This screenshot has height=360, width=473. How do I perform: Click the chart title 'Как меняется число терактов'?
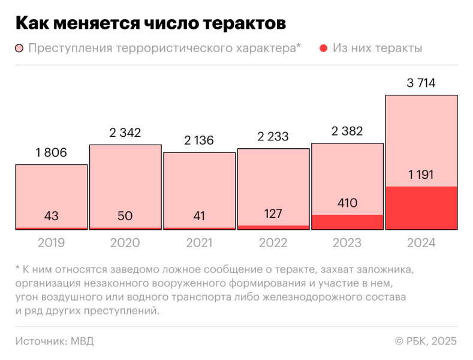(x=150, y=23)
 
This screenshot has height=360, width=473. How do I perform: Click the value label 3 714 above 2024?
(x=421, y=83)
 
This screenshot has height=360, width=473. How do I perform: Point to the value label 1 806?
(x=51, y=153)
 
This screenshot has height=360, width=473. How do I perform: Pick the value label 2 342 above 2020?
(x=125, y=133)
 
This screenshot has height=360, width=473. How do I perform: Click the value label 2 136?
(x=199, y=141)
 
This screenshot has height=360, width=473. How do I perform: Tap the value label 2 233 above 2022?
(x=273, y=137)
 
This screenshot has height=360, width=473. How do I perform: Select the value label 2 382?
(x=347, y=132)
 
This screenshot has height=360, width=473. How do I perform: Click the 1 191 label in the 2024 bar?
(x=421, y=175)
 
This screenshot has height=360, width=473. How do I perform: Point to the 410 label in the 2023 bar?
(x=347, y=203)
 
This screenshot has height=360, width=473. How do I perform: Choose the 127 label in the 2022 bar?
(x=273, y=214)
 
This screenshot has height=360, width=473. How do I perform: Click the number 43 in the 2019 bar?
(x=51, y=216)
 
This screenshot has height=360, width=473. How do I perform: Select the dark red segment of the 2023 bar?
(x=347, y=222)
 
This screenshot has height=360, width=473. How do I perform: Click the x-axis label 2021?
(x=199, y=243)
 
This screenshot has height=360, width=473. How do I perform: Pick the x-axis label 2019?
(x=51, y=243)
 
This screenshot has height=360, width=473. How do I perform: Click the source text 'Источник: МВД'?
(x=55, y=341)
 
